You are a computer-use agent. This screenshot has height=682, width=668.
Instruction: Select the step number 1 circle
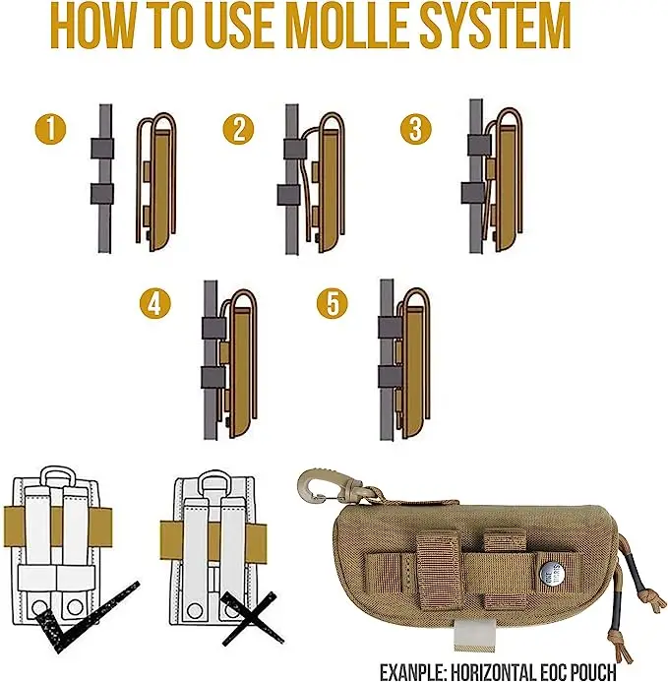50,129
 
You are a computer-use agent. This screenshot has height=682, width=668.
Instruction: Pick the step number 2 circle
239,129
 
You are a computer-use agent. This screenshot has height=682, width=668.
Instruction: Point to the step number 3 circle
416,129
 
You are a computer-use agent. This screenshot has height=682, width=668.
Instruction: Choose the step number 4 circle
155,303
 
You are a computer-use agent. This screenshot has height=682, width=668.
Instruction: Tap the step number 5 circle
333,303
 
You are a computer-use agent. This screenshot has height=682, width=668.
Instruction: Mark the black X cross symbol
253,618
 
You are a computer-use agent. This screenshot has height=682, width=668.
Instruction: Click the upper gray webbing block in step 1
102,149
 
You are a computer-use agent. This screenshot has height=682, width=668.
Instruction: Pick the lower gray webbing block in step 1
102,194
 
